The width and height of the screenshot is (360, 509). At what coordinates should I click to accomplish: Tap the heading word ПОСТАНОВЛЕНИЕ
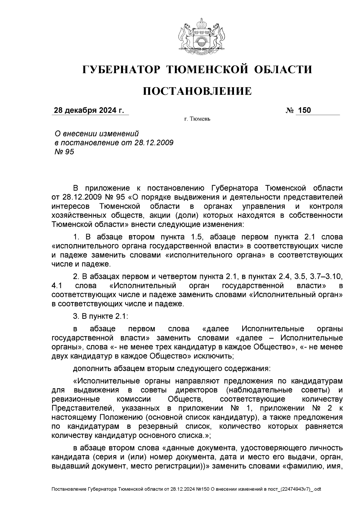pyautogui.click(x=197, y=91)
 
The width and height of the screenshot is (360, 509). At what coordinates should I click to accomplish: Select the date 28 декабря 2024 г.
pyautogui.click(x=89, y=110)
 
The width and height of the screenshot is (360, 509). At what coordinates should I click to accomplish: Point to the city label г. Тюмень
pyautogui.click(x=197, y=119)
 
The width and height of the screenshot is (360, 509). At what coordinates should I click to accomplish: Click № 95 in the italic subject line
pyautogui.click(x=64, y=152)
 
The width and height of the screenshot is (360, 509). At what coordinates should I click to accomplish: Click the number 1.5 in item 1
pyautogui.click(x=197, y=237)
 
